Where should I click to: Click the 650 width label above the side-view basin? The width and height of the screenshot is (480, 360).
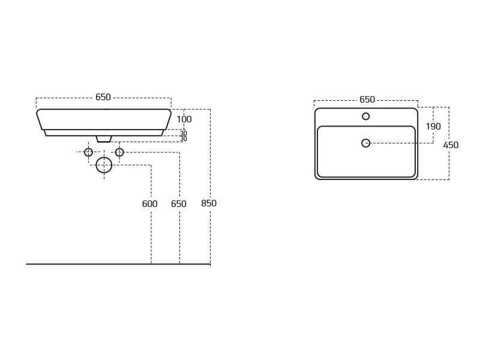click(103, 97)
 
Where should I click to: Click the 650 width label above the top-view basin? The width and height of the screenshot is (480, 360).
click(367, 100)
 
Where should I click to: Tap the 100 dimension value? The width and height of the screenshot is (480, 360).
click(184, 119)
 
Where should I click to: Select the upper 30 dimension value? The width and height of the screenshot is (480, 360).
click(184, 133)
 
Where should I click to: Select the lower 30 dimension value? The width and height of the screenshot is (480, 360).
click(184, 139)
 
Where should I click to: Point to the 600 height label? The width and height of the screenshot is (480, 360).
click(149, 203)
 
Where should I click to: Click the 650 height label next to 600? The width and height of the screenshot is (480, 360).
click(179, 203)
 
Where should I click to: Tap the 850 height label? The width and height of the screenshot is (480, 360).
click(209, 203)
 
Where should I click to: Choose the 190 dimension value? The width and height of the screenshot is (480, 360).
click(433, 126)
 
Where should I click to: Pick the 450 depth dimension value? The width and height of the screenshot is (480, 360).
click(451, 145)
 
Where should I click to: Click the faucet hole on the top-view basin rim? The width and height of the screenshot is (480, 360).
click(366, 116)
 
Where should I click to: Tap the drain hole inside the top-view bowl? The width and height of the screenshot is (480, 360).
click(366, 143)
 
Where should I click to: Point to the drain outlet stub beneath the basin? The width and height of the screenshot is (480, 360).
click(104, 139)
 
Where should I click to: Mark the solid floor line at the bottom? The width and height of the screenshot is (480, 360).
click(118, 264)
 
